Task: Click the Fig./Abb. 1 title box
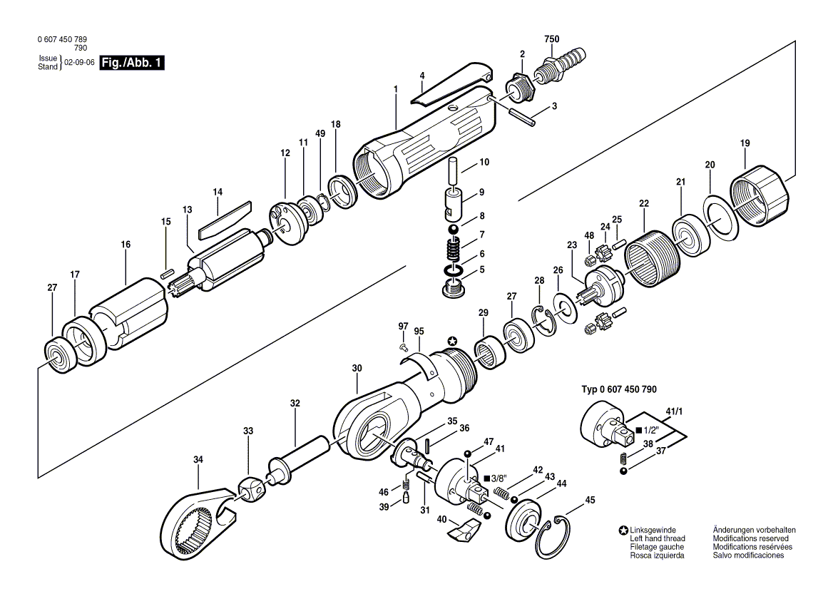click(x=133, y=63)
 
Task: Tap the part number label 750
click(x=552, y=39)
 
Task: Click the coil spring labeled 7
click(x=451, y=250)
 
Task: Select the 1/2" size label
click(x=648, y=430)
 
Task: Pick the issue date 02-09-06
click(x=80, y=62)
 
